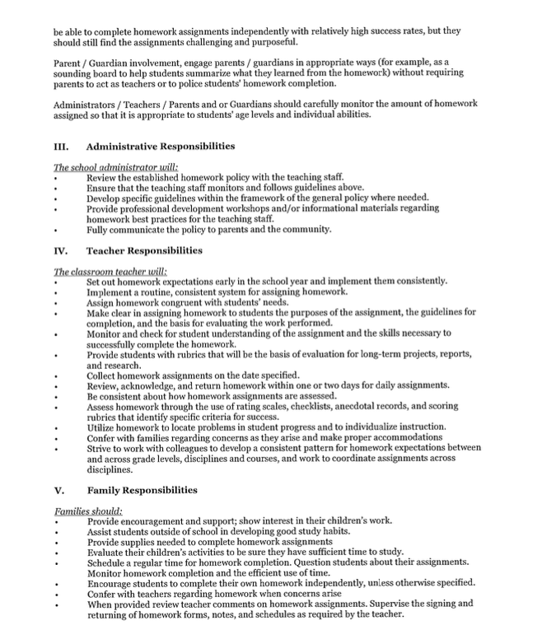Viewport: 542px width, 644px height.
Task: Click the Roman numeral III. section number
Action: point(60,147)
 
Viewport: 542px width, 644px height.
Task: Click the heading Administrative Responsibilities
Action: point(161,147)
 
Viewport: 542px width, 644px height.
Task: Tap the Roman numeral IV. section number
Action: point(60,250)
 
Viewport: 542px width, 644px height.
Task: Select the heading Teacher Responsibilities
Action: point(144,250)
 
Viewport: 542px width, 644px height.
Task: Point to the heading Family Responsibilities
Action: point(142,490)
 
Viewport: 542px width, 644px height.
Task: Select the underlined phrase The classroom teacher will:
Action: point(110,271)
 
